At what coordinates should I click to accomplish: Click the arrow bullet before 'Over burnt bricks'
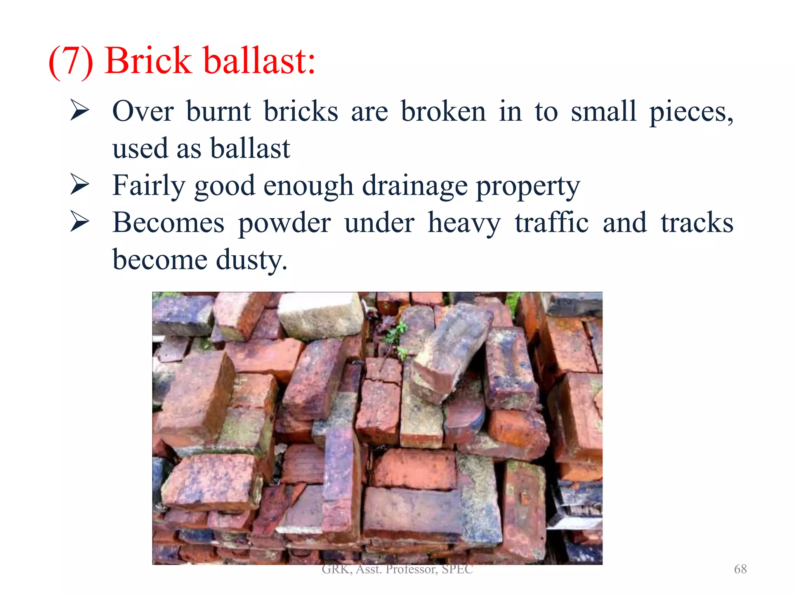80,110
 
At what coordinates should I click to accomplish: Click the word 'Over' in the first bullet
143,112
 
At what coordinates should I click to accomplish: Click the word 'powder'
285,223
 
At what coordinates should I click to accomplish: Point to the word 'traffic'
552,223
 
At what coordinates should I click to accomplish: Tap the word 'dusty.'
252,260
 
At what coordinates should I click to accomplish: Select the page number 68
740,569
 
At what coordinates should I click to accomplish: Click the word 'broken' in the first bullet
443,112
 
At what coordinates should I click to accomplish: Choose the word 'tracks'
697,223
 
